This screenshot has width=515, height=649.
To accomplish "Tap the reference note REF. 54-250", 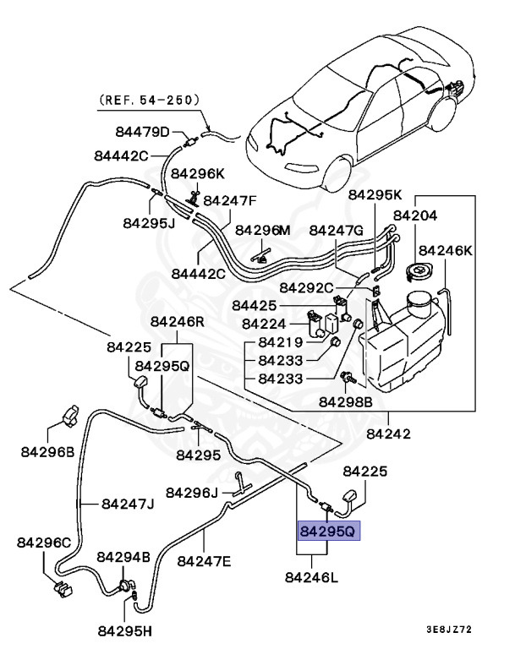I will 150,100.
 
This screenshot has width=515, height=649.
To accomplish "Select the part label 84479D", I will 142,132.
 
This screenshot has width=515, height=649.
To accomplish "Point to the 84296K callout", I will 198,173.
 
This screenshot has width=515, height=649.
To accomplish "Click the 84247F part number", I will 229,200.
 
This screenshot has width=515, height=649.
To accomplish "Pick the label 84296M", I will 262,230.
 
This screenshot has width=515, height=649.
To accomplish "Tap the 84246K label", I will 446,250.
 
